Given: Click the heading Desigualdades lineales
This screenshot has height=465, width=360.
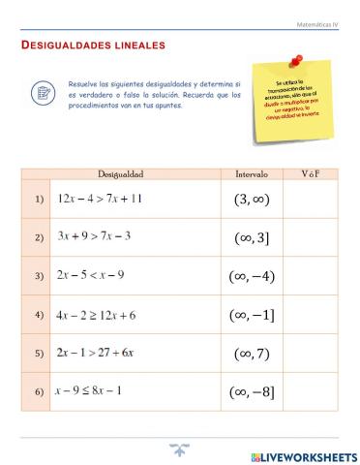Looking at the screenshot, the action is (93, 45).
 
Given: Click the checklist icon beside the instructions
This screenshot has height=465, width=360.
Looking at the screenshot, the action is (44, 93).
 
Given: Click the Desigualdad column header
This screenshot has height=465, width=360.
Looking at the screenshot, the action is (120, 174).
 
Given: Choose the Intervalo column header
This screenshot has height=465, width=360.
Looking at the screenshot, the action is (254, 174).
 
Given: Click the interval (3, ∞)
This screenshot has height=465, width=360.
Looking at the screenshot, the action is (254, 201).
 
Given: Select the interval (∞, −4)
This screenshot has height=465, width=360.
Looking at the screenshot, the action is (254, 276).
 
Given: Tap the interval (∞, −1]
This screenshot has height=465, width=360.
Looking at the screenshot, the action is (254, 315).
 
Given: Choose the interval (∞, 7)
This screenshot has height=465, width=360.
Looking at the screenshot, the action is (254, 354).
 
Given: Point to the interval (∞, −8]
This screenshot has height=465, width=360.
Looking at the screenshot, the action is (254, 391).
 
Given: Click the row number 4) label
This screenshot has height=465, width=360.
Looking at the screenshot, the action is (39, 315).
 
